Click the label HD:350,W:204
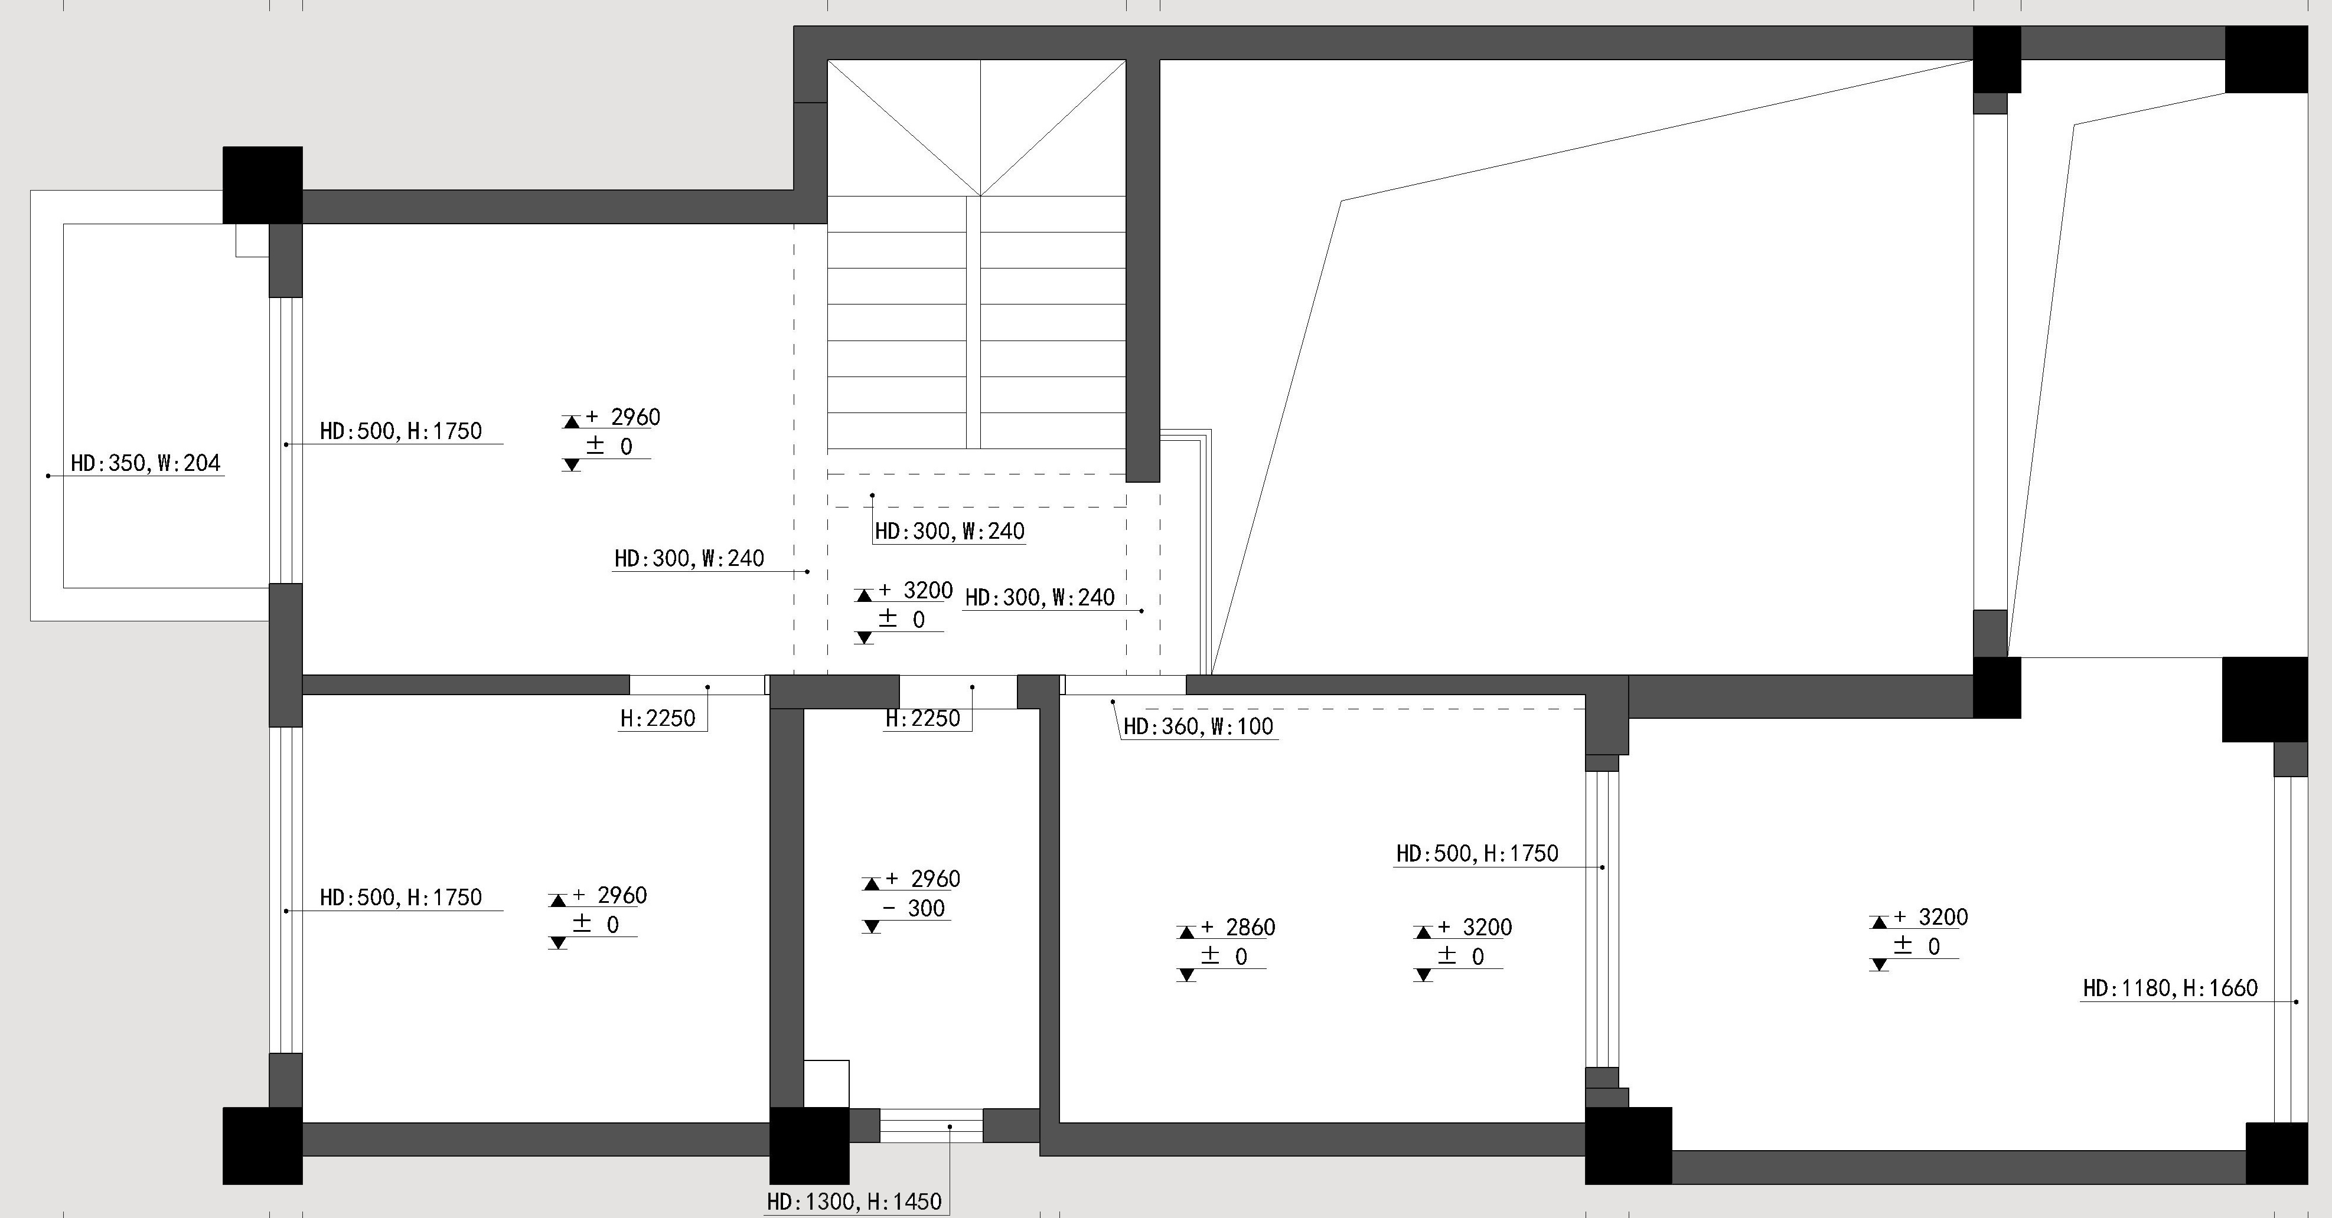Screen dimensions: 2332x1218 (146, 463)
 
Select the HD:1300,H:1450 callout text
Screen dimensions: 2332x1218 (854, 1201)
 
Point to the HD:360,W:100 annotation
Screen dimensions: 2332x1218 (1199, 726)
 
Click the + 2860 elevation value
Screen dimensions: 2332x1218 (1238, 928)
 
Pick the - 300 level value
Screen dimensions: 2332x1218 (914, 909)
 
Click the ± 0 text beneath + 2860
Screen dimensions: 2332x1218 (1225, 957)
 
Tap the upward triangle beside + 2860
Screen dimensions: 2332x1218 (1186, 932)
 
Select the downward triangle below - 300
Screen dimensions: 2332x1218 (871, 926)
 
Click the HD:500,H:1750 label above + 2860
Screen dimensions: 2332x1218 (1478, 853)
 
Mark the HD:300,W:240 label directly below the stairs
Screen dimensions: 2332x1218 (950, 531)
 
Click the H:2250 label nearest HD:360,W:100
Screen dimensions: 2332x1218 (922, 719)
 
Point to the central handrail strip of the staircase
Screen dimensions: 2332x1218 (973, 322)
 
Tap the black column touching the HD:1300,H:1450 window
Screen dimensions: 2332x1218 (809, 1145)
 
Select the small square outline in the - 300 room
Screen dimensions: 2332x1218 (827, 1083)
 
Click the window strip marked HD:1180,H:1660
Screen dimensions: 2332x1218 (2290, 949)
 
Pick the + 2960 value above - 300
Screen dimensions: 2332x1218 (922, 879)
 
